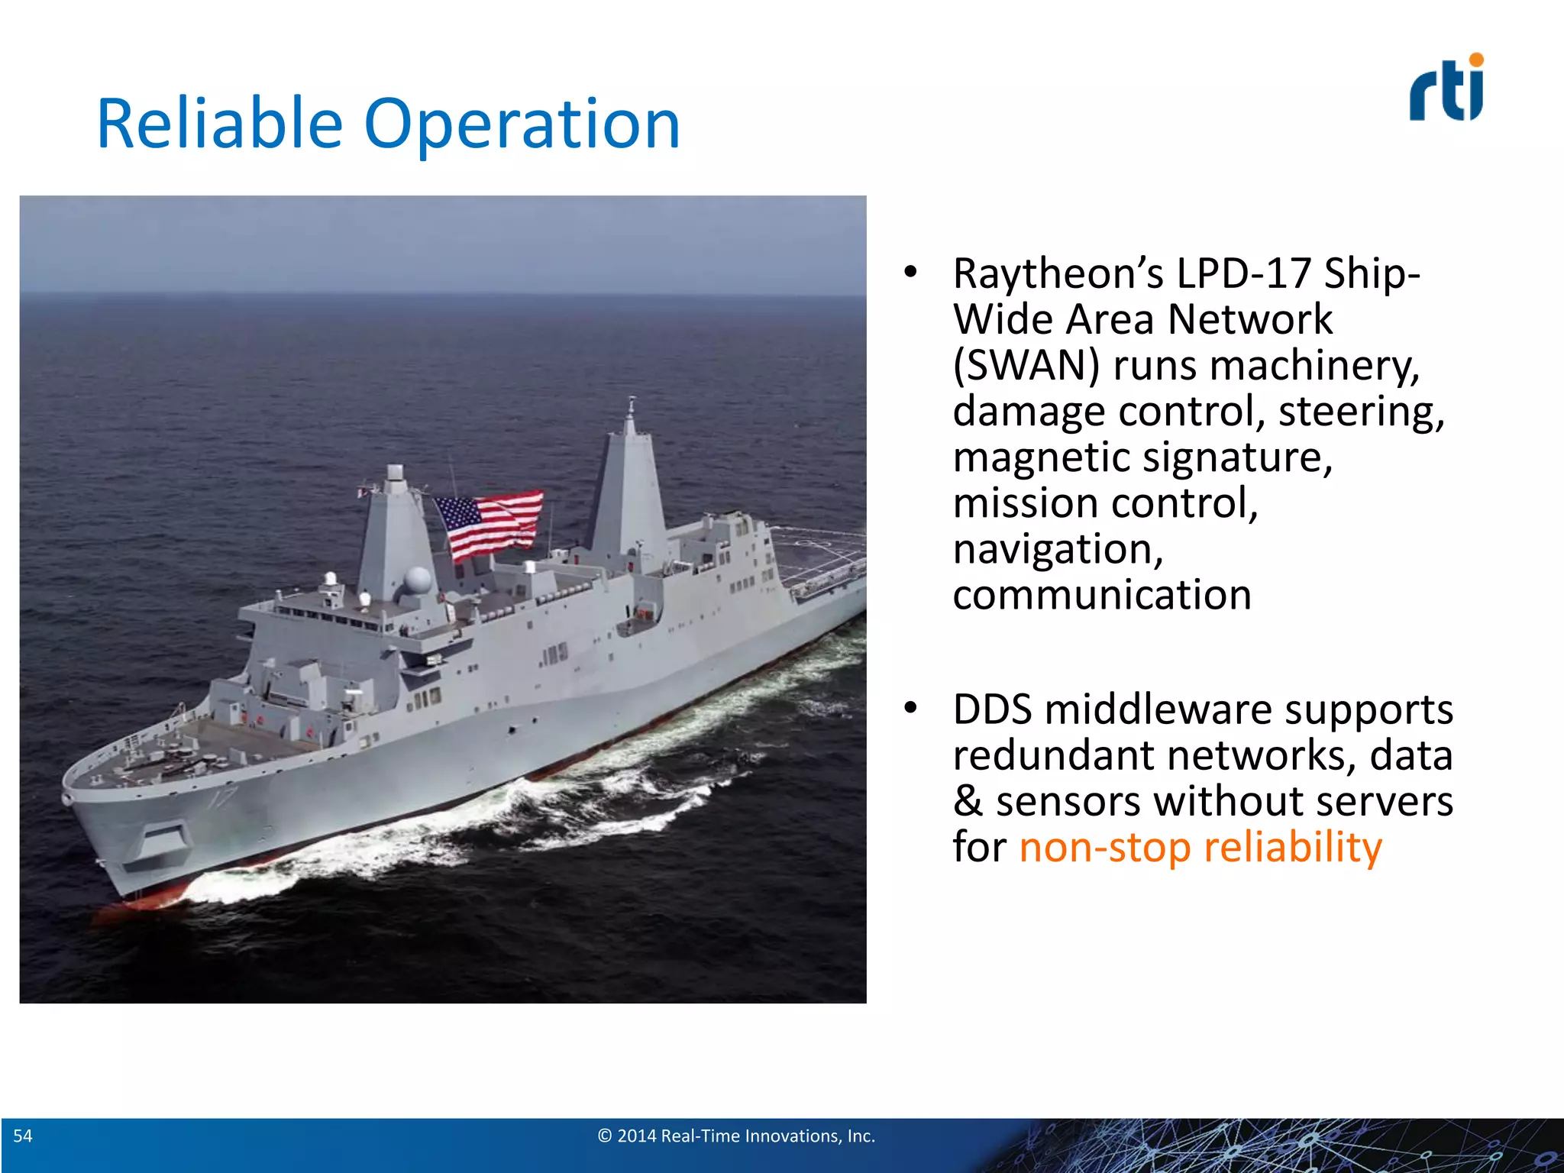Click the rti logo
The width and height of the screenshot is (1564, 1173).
pos(1446,89)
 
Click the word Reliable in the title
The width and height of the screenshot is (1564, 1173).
pos(219,124)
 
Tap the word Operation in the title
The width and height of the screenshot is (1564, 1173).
pos(522,125)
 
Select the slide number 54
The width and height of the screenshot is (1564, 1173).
pos(23,1136)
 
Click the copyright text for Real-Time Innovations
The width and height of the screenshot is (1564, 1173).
pos(735,1136)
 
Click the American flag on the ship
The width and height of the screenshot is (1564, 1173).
pos(489,523)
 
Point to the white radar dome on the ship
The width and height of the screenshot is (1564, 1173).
pos(418,580)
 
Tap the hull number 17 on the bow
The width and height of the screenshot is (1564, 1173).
pos(225,799)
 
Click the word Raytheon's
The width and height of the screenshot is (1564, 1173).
pos(1058,273)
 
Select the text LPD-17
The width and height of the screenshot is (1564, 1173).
pos(1243,273)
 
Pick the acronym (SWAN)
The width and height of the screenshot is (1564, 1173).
pos(1026,365)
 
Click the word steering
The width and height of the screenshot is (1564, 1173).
pos(1361,411)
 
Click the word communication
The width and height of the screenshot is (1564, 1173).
pos(1101,595)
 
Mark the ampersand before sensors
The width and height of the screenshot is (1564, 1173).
pos(968,801)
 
